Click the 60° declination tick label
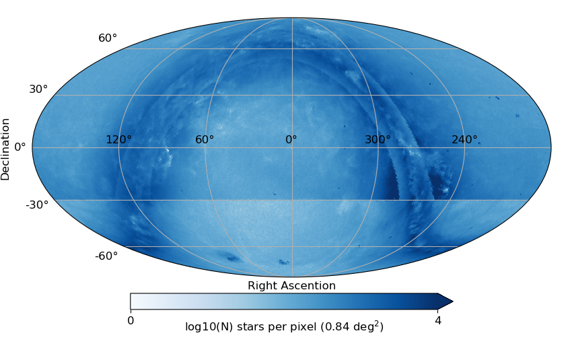[x=108, y=38]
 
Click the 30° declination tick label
[x=38, y=89]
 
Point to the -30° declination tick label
[x=37, y=205]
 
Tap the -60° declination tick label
[x=106, y=256]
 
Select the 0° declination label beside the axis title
[x=20, y=147]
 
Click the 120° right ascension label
[x=118, y=140]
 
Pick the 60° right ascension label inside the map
[x=205, y=140]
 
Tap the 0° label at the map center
[x=291, y=140]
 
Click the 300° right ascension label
[x=378, y=140]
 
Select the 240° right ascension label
[x=464, y=140]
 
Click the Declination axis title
[x=6, y=149]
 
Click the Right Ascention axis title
[x=291, y=286]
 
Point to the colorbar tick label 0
[x=131, y=321]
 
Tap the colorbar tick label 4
[x=438, y=321]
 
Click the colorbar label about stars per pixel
[x=284, y=327]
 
